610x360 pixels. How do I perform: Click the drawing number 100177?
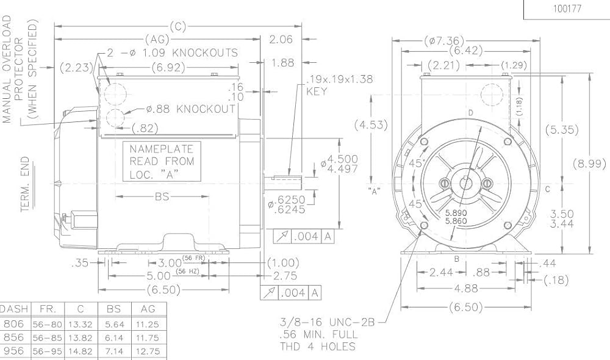coord(567,9)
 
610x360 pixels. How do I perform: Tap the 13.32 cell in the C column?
coord(81,324)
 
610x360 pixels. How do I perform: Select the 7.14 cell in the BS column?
coord(114,351)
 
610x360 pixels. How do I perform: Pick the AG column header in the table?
coord(148,309)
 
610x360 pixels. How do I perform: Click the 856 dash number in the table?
coord(13,337)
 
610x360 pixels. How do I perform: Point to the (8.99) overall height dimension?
coord(589,164)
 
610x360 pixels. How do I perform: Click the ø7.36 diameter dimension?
coord(444,40)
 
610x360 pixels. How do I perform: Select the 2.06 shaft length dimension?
coord(281,39)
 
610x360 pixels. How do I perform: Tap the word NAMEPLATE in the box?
coord(162,149)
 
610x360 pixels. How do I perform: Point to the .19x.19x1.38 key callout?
coord(339,79)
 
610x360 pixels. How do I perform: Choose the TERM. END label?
coord(25,184)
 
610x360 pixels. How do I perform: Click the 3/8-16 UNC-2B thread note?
coord(327,322)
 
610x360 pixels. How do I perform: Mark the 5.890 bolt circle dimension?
coord(456,214)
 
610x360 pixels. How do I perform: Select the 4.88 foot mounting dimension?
coord(466,289)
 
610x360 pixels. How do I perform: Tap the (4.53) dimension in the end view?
coord(371,125)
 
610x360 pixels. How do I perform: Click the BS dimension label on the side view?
coord(162,196)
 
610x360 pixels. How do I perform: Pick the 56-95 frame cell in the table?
coord(48,351)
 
